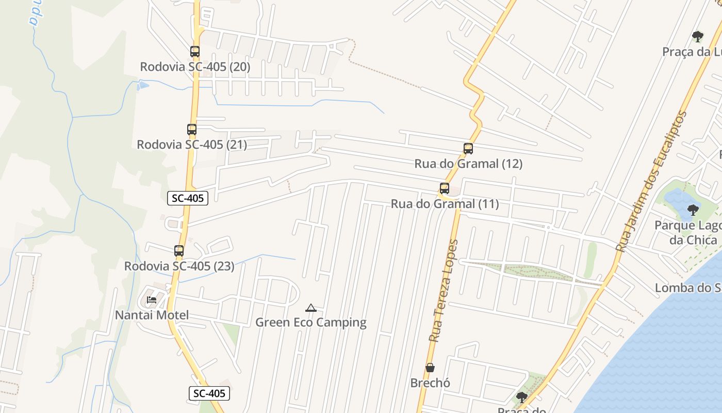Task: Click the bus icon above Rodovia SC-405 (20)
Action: point(194,52)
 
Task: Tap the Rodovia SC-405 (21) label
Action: point(192,145)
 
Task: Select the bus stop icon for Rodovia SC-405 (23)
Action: point(179,251)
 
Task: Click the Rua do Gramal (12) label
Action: point(468,164)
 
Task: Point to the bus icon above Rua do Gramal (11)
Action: point(445,188)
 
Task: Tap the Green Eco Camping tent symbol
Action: point(310,308)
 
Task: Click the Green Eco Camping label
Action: point(311,323)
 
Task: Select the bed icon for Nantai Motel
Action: point(152,299)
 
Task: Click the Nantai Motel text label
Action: point(152,315)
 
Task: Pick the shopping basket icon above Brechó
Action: point(430,368)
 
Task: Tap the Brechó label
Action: point(430,383)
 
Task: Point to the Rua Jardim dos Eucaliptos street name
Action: point(652,182)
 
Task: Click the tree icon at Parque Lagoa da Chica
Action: point(693,210)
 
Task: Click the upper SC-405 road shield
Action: point(188,198)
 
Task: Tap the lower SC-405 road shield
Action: point(209,393)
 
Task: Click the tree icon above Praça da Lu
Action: point(697,37)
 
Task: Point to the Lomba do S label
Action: point(688,288)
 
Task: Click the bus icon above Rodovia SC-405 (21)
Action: point(192,130)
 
